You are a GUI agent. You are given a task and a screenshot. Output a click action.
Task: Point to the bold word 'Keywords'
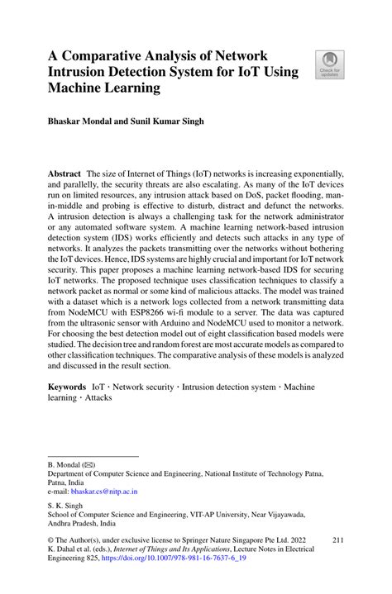tap(67, 386)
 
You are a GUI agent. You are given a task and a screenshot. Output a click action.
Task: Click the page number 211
tap(337, 539)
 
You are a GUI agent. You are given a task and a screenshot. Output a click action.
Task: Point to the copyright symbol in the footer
tap(51, 539)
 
